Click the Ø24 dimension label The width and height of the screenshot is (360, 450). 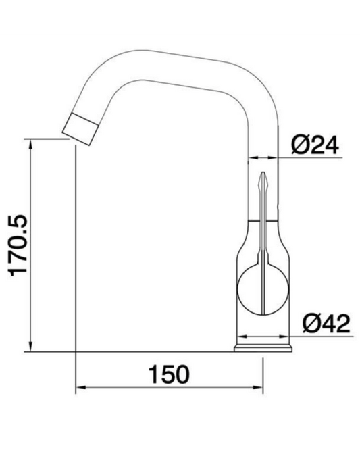[x=314, y=144]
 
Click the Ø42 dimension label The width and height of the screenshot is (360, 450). [x=327, y=325]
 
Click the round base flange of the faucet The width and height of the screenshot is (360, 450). [x=264, y=347]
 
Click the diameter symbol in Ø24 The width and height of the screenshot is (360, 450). [x=299, y=144]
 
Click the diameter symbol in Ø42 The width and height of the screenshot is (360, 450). [x=311, y=325]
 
